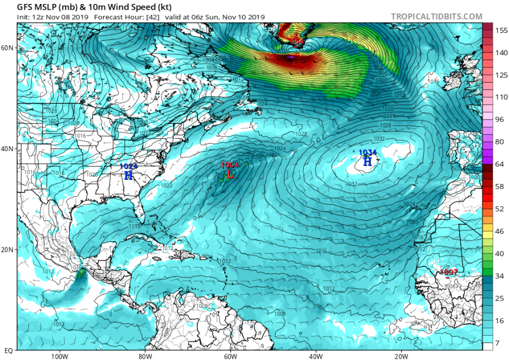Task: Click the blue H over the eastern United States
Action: click(128, 175)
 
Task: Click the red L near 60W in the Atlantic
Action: click(230, 174)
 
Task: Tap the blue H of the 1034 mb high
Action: click(367, 162)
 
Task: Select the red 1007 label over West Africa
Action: click(448, 273)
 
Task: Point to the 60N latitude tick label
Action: click(7, 48)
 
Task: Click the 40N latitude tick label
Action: click(7, 148)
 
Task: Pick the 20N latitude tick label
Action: click(7, 250)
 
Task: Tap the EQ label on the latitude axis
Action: click(7, 350)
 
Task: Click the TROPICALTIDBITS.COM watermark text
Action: click(436, 16)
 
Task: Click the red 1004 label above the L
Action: click(230, 165)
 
